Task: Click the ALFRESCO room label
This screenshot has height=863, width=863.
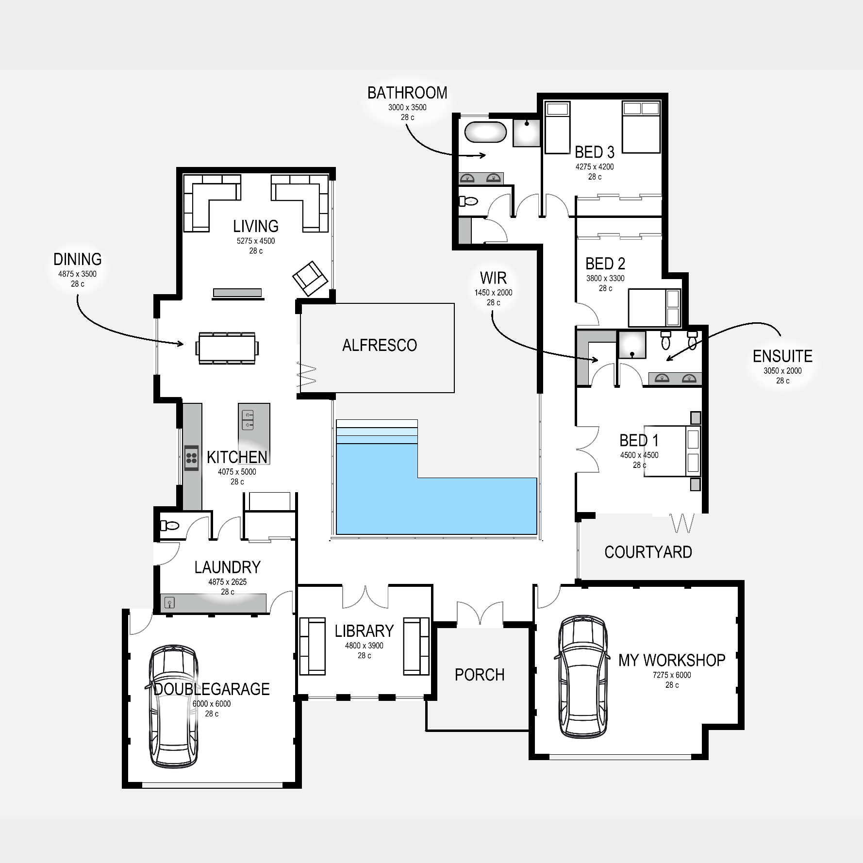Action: coord(380,345)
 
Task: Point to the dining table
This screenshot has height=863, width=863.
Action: coord(227,348)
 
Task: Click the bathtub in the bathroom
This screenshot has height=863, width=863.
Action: coord(485,132)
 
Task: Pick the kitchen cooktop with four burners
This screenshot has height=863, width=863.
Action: coord(192,458)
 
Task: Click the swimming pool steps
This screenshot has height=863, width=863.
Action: coord(377,432)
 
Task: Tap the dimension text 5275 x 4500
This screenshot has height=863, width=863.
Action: coord(256,241)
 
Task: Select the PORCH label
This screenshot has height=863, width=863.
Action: coord(480,675)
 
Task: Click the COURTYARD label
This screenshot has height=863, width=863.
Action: coord(648,552)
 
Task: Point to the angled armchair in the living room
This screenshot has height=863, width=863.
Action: coord(310,278)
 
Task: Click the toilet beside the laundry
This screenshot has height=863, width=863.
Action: coord(170,525)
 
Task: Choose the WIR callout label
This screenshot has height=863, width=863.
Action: coord(493,278)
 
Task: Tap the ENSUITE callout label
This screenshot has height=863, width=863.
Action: coord(782,356)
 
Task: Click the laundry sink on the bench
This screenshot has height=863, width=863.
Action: coord(169,603)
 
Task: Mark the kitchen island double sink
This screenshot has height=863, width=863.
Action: coord(248,420)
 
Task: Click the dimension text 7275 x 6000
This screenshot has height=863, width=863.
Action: coord(672,675)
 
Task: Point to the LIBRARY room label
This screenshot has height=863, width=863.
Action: coord(364,631)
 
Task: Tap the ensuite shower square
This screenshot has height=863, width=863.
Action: coord(631,345)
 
